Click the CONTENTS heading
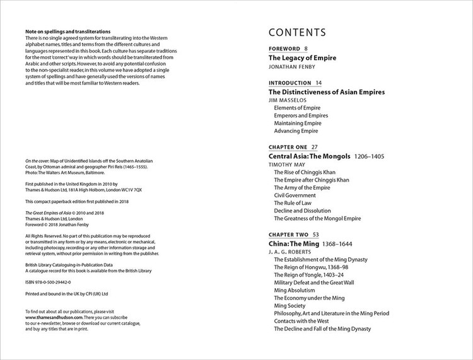tap(297, 33)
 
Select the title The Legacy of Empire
tap(302, 58)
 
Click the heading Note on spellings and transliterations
tap(67, 32)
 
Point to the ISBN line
tap(48, 283)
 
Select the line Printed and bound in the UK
tap(67, 294)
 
